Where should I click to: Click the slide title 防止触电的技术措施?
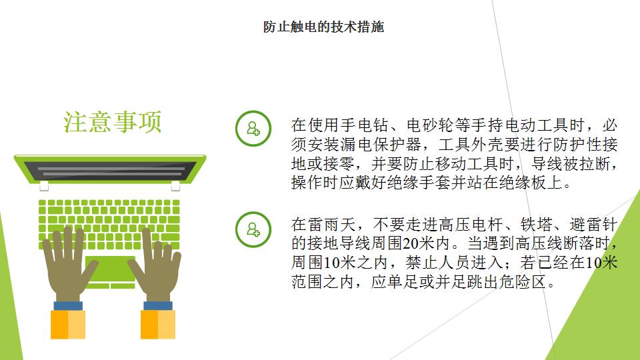[x=323, y=27]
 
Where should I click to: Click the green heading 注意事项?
[x=113, y=121]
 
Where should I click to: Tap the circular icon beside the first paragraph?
[x=253, y=129]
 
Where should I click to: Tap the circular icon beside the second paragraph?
[x=253, y=229]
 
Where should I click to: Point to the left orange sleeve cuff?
[x=68, y=325]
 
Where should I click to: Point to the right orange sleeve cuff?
[x=158, y=325]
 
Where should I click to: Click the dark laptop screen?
[x=110, y=171]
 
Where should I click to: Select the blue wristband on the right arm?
[x=158, y=306]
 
